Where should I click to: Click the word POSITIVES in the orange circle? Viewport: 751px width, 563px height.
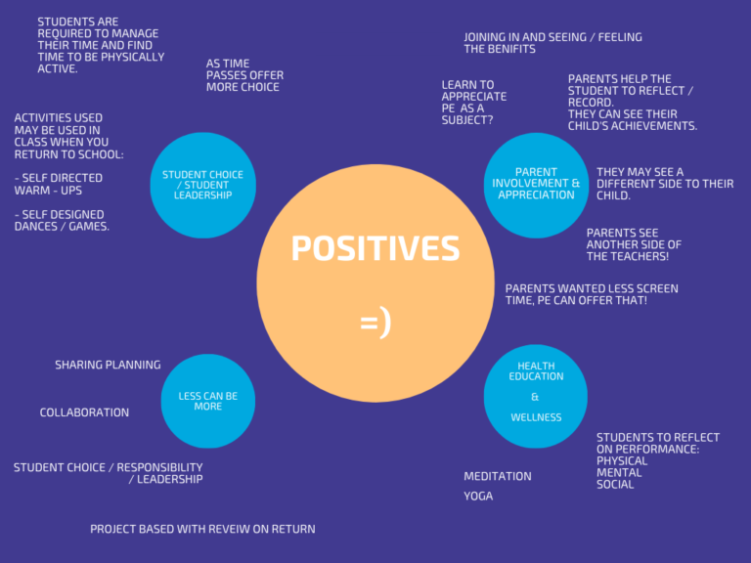coord(375,249)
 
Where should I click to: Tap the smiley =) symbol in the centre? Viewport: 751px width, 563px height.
coord(375,322)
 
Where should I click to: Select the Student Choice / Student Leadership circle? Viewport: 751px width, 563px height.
coord(202,186)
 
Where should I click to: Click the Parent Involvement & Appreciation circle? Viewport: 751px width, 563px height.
coord(536,185)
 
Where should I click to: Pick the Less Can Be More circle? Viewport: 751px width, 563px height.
coord(207,401)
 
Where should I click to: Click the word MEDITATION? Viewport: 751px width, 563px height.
coord(498,477)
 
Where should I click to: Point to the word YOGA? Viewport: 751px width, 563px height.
coord(478,497)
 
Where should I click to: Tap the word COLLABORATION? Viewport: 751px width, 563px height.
coord(84,412)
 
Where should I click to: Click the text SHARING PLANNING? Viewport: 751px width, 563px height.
coord(108,366)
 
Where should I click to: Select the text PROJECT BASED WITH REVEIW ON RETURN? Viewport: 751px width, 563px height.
coord(202,529)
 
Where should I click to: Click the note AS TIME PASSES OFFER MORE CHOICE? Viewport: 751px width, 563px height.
coord(244,76)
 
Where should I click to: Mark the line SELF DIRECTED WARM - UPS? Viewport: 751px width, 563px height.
coord(58,185)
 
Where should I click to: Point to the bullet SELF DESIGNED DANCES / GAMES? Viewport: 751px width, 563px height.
coord(62,221)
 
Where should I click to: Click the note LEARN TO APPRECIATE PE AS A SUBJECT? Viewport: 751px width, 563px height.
coord(474,103)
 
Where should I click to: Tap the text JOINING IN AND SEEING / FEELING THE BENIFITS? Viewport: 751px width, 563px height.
coord(552,43)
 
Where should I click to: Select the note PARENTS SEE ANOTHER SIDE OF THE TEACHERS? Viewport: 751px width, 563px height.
coord(634,244)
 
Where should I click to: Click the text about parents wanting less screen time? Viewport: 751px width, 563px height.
coord(592,294)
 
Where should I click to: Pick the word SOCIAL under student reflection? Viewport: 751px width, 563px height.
coord(615,485)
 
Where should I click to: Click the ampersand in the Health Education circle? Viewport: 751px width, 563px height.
coord(535,398)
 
